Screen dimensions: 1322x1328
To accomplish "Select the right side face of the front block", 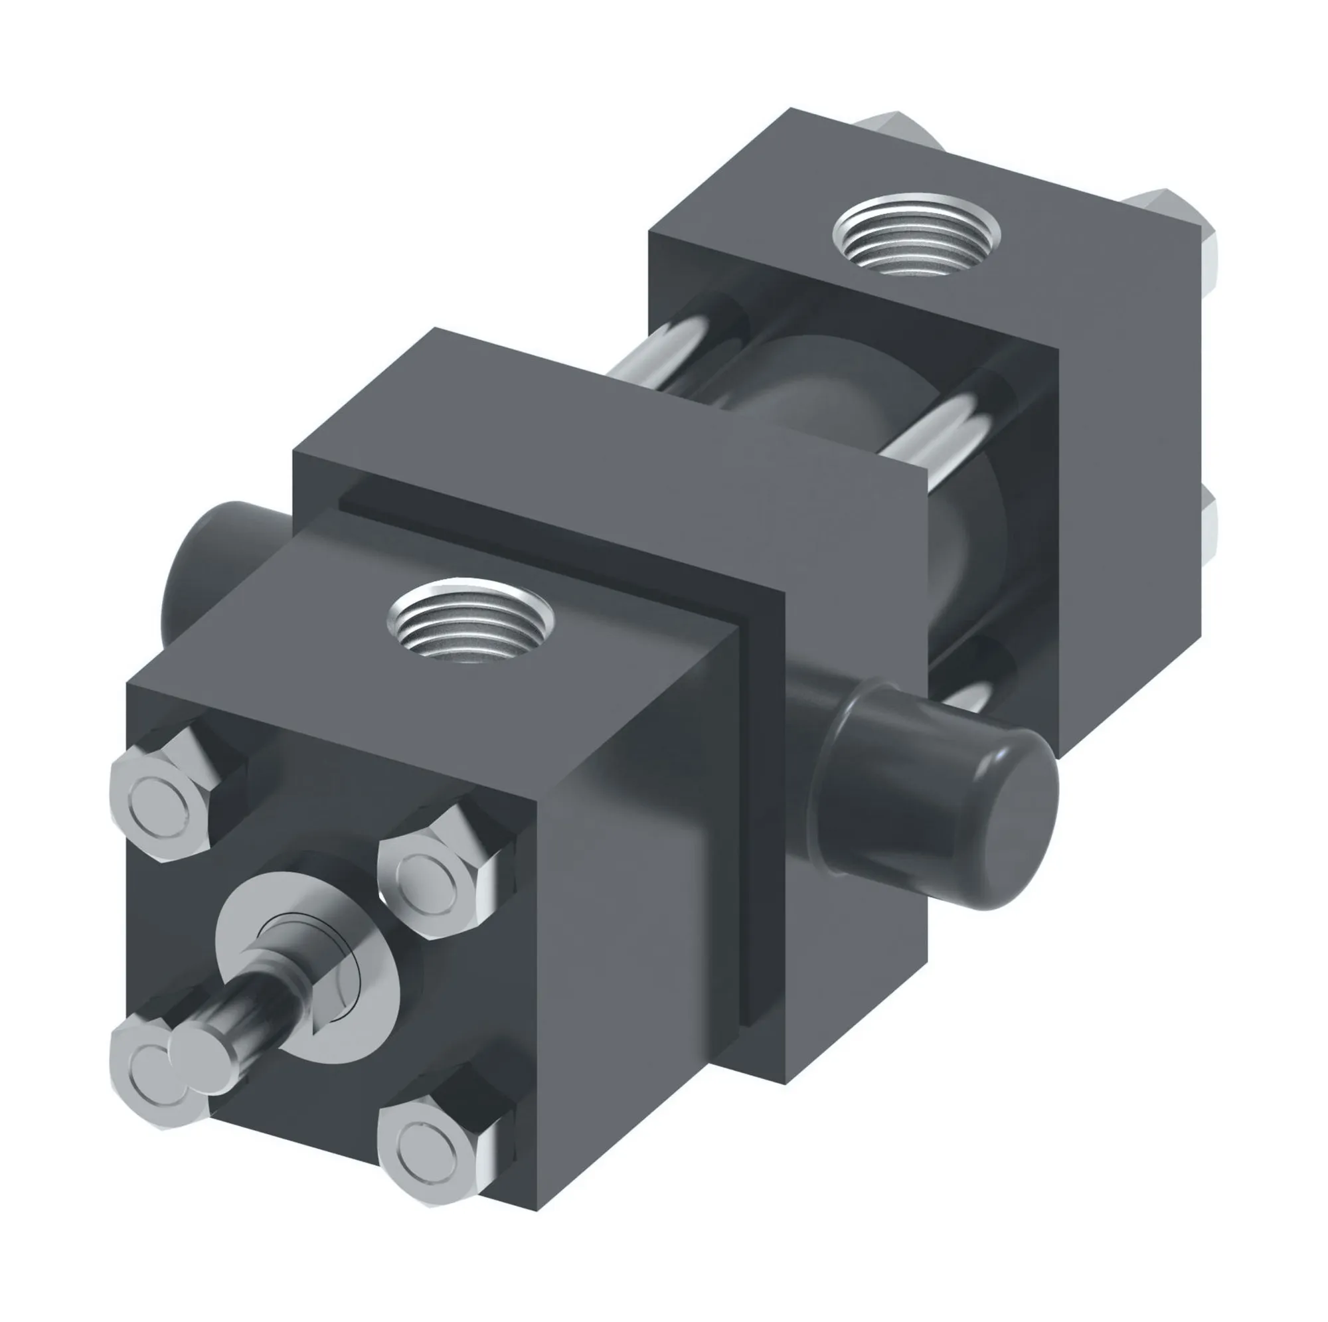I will click(x=632, y=928).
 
